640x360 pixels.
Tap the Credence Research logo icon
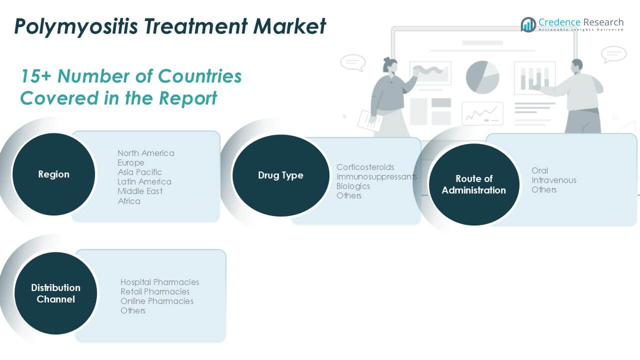[528, 24]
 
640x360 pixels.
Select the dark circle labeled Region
[53, 174]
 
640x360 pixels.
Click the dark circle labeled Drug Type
[280, 175]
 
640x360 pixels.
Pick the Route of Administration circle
[473, 184]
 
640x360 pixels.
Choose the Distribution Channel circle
[55, 293]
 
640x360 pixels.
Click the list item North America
[146, 153]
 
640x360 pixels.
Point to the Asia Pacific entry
[140, 172]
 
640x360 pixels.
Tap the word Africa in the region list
[129, 201]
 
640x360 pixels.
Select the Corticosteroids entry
[365, 167]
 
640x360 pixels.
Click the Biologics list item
[353, 186]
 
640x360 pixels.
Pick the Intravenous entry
[553, 180]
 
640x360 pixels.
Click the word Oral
[539, 170]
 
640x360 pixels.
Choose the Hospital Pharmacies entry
[159, 282]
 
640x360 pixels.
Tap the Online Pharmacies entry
[156, 301]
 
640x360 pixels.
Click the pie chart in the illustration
[482, 77]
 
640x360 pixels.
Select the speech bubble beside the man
[613, 54]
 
